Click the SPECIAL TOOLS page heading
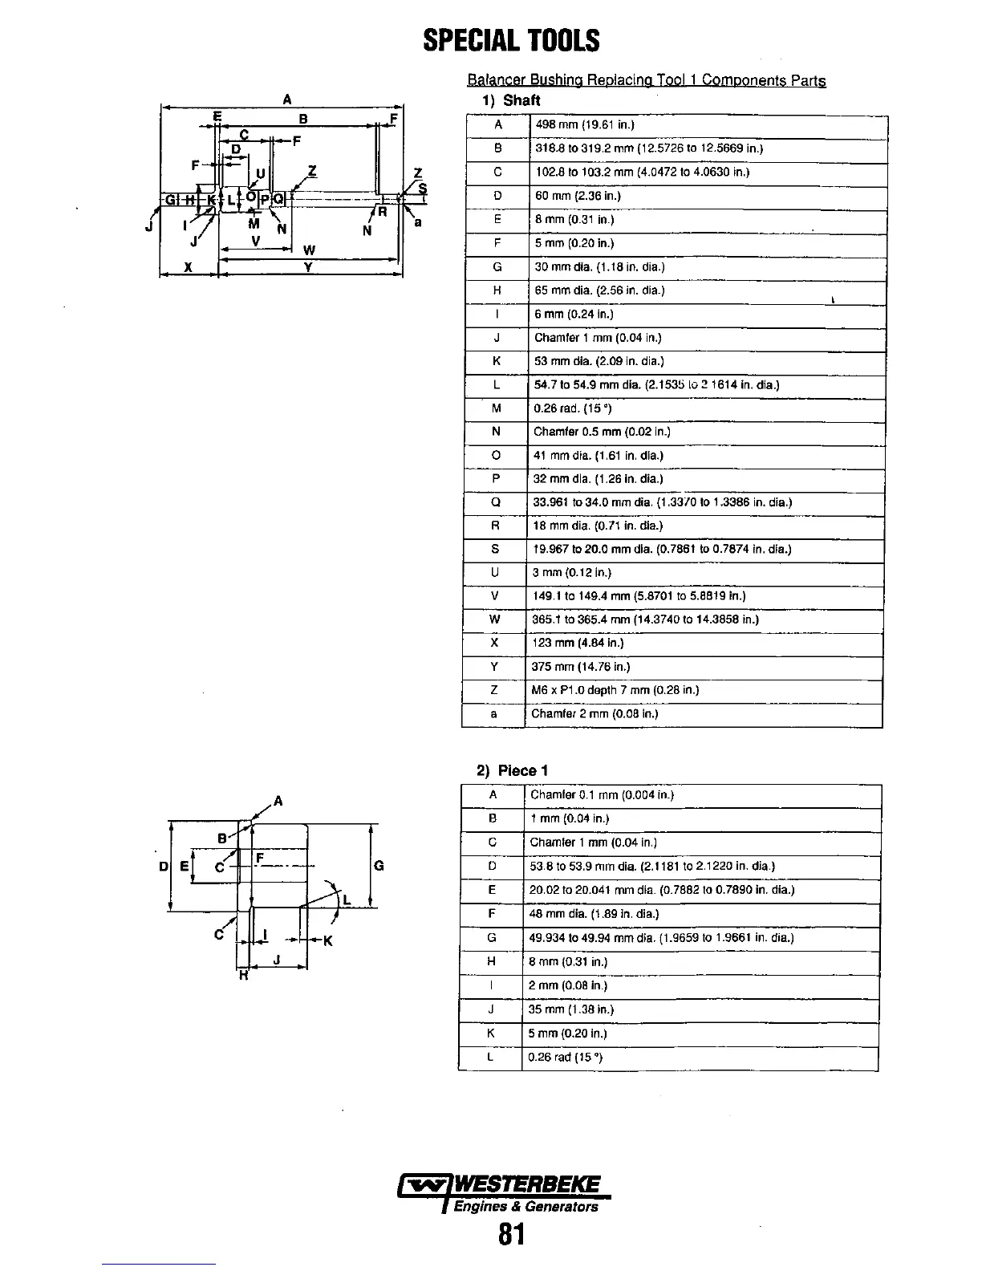[511, 40]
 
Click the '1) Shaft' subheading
[511, 100]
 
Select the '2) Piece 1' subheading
[506, 770]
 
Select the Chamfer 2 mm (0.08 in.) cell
[594, 713]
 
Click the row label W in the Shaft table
[494, 619]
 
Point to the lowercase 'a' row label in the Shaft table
[494, 713]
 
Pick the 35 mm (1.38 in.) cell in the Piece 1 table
[571, 1009]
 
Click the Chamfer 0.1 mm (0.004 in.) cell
[602, 795]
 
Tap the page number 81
[511, 1233]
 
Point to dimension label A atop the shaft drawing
[287, 99]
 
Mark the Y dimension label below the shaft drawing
[308, 268]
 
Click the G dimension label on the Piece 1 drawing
[379, 866]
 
